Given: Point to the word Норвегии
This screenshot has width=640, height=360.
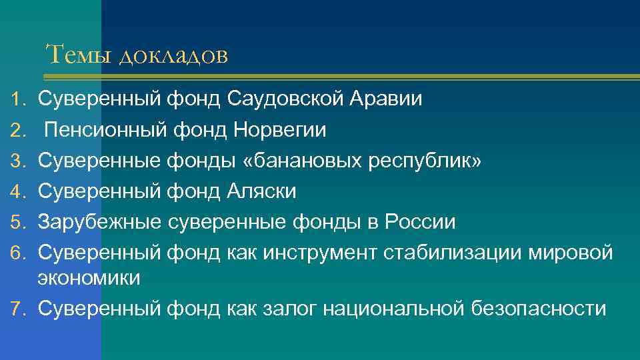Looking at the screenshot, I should pos(281,131).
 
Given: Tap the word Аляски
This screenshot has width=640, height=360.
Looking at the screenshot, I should pos(262,192).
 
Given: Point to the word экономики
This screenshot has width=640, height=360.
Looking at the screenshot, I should pos(89,278).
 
